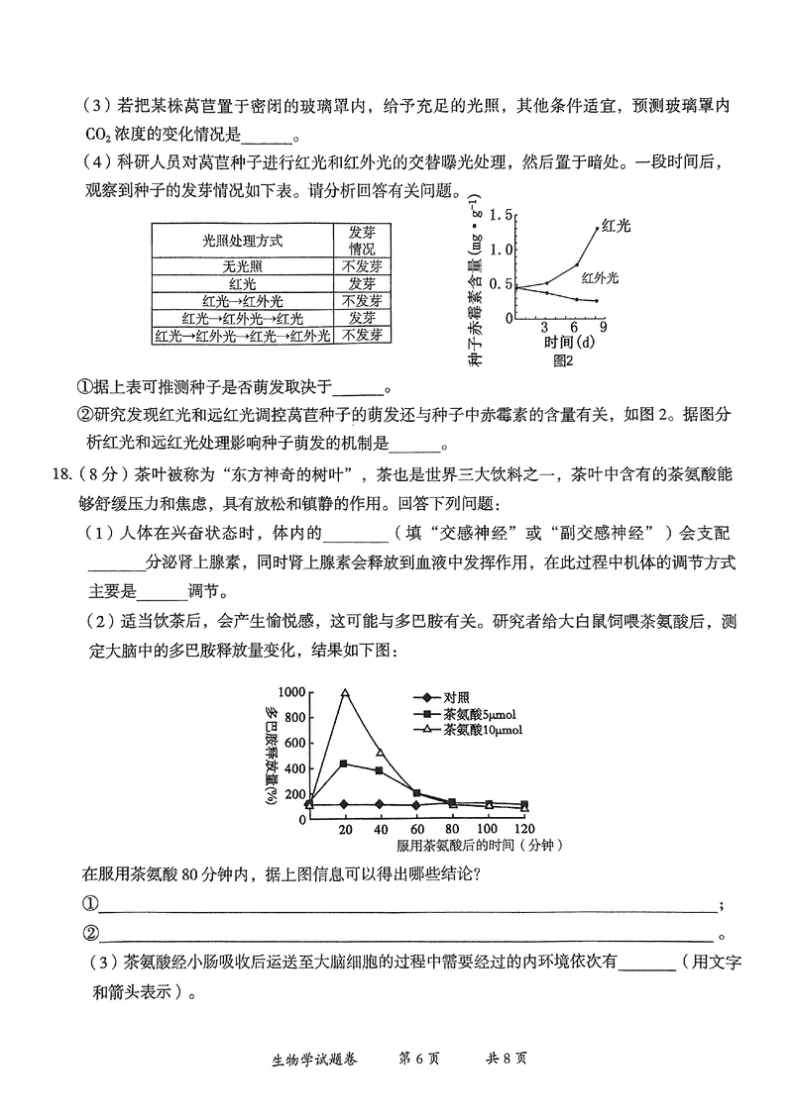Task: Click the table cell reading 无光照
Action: point(242,265)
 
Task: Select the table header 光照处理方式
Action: point(242,240)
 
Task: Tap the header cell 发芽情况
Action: point(362,240)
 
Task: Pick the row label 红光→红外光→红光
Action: point(242,318)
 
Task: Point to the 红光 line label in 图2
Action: point(616,226)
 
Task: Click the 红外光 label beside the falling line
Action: point(600,278)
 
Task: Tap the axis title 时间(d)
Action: point(569,343)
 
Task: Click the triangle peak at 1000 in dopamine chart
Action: point(345,692)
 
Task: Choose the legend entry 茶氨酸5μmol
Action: point(480,713)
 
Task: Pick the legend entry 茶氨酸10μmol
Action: point(483,730)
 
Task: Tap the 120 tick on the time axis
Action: point(524,828)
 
